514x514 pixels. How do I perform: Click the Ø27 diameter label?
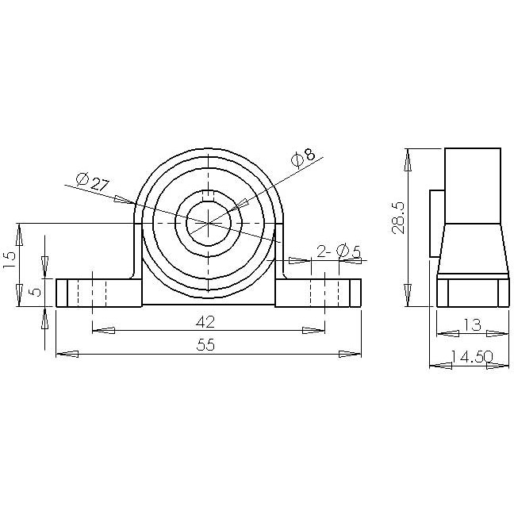pos(93,182)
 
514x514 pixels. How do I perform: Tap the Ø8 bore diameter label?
pos(302,157)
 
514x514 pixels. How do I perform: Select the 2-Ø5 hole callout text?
pos(339,251)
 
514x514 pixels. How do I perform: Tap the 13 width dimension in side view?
pos(471,323)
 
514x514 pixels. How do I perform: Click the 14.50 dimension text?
pos(469,357)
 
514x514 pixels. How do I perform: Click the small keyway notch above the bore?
pos(208,195)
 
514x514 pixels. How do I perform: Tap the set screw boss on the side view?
pos(436,223)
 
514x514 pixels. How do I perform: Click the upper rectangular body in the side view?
pos(472,185)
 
